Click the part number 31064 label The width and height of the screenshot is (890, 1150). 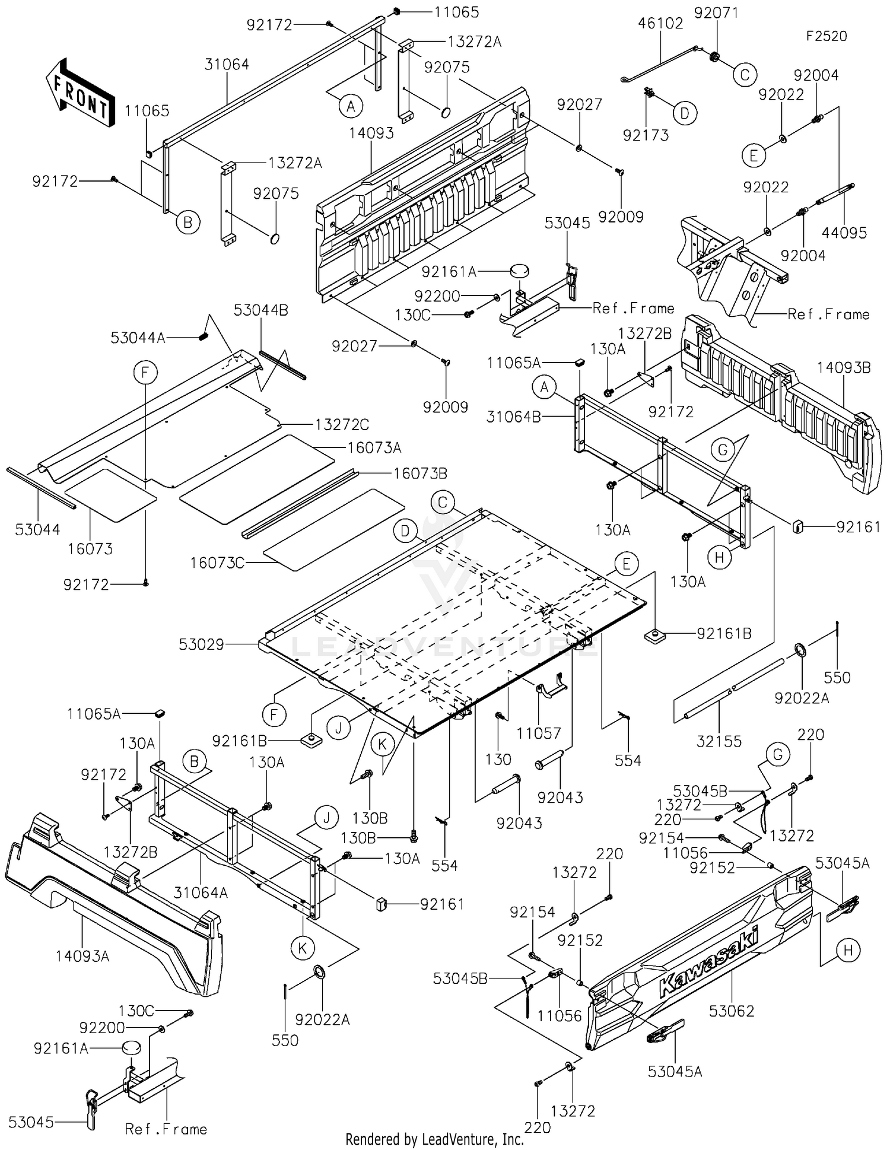click(x=227, y=64)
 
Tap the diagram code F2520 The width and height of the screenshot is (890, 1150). click(x=827, y=36)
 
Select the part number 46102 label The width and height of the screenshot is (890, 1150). click(x=660, y=23)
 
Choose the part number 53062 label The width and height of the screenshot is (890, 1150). click(x=732, y=1011)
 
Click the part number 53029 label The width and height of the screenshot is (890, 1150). click(x=202, y=644)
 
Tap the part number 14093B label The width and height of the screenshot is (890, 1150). click(x=844, y=368)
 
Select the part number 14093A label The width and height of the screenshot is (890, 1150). click(x=82, y=956)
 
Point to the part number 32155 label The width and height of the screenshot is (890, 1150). click(x=719, y=741)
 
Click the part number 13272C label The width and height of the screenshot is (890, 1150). click(x=342, y=425)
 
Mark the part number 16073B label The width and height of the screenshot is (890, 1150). click(x=420, y=474)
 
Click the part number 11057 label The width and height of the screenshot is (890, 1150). click(x=539, y=733)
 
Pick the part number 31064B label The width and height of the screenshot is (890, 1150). click(x=514, y=417)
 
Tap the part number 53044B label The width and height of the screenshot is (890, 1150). click(x=261, y=310)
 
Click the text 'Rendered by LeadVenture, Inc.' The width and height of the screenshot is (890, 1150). click(x=435, y=1139)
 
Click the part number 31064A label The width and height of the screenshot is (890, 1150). click(x=201, y=892)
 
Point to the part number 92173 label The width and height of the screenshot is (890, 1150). click(x=646, y=135)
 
